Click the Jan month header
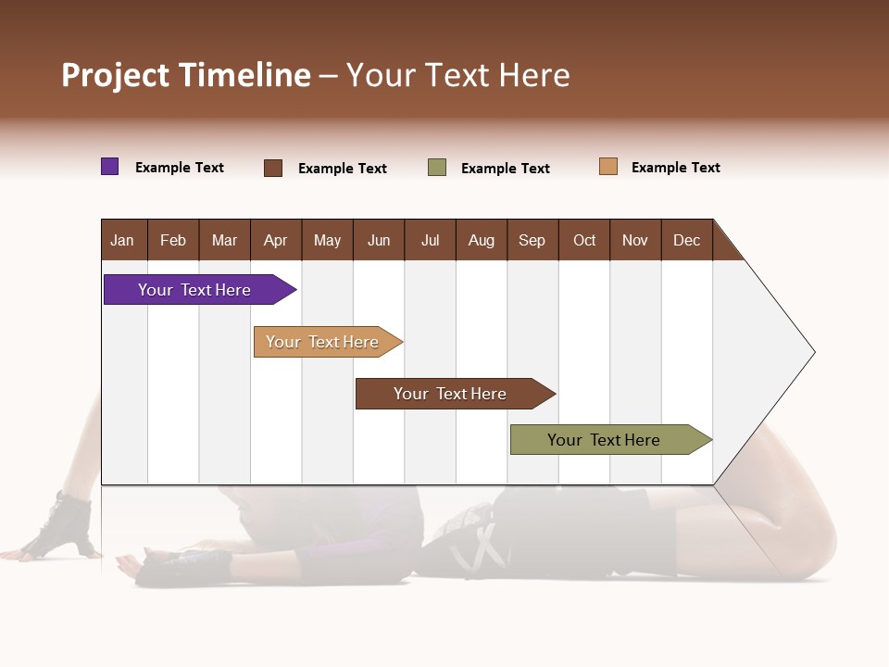[122, 240]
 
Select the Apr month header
[276, 240]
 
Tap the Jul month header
[430, 240]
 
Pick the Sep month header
[532, 240]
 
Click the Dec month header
[686, 240]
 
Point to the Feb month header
[173, 240]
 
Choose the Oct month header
[584, 240]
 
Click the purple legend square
[110, 167]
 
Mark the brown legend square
[273, 168]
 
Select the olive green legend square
[437, 168]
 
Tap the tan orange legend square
[608, 167]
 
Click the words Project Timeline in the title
[186, 75]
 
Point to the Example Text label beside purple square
[180, 168]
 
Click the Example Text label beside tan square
[676, 168]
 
